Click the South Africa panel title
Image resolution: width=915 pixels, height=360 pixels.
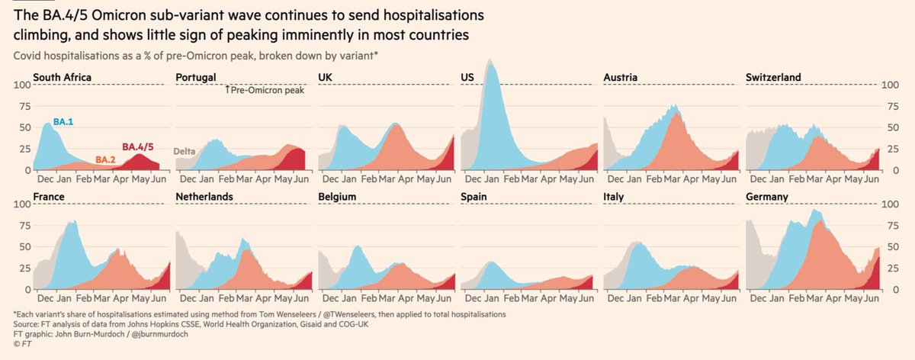(x=62, y=77)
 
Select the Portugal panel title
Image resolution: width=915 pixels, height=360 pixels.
(x=196, y=77)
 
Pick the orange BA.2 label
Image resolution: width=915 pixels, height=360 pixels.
(x=106, y=159)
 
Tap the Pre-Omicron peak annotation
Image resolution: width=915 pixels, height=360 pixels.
(x=265, y=90)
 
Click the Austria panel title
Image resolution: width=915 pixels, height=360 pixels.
(x=621, y=77)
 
